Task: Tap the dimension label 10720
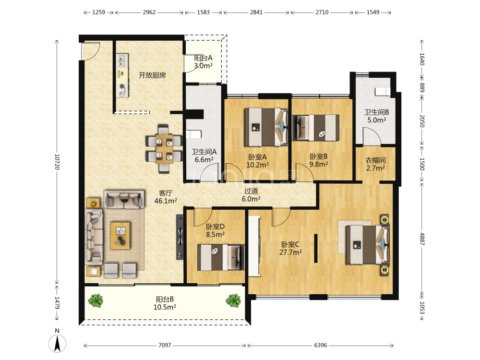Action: [x=57, y=162]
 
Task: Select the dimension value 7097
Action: [x=165, y=345]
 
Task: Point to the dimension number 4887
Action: [x=422, y=239]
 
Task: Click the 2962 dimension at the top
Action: [x=149, y=12]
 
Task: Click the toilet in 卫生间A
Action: [x=193, y=134]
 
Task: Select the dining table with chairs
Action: [x=163, y=149]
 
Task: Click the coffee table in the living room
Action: [x=120, y=236]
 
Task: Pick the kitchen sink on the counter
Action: [x=122, y=60]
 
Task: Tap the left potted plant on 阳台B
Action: [x=96, y=300]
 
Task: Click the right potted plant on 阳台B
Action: [x=233, y=300]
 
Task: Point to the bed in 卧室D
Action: [x=221, y=257]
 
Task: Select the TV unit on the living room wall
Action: [x=180, y=237]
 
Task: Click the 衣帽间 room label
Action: [x=376, y=160]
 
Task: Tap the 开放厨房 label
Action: [x=152, y=75]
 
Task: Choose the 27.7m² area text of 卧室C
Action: [x=290, y=252]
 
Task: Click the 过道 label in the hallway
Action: [x=251, y=191]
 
